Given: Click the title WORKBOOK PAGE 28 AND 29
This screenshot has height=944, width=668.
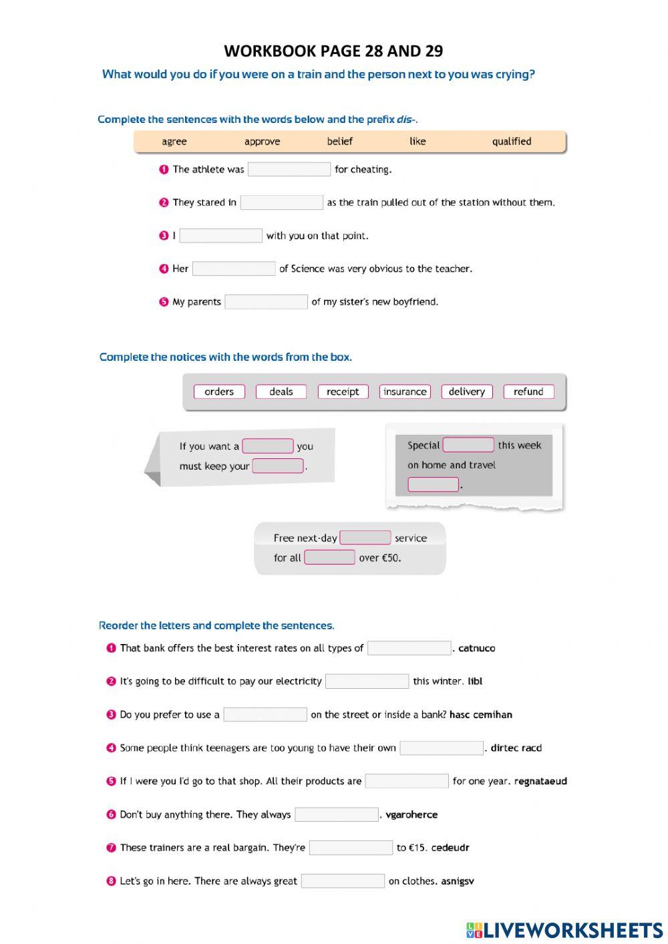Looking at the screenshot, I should click(x=333, y=51).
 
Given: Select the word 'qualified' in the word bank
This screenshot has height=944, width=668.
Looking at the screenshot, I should click(x=512, y=141).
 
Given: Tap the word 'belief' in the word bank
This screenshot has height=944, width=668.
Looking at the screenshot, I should click(x=339, y=141).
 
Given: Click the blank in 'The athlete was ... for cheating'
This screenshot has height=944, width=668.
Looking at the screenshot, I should click(x=289, y=170).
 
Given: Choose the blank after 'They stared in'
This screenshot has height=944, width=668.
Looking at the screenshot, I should click(x=281, y=202).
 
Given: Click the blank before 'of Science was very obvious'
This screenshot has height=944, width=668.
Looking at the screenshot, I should click(x=234, y=269).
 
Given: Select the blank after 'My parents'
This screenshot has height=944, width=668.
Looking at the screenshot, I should click(x=266, y=302).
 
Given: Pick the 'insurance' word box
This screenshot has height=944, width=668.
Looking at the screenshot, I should click(x=405, y=391).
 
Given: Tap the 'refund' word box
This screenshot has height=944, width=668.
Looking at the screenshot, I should click(x=528, y=391).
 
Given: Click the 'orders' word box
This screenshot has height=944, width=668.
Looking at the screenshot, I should click(x=219, y=391).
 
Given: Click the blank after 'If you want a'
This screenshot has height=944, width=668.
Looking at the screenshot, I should click(x=267, y=446).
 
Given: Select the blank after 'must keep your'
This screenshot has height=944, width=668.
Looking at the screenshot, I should click(x=278, y=466).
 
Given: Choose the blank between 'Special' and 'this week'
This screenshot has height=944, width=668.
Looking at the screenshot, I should click(x=468, y=445).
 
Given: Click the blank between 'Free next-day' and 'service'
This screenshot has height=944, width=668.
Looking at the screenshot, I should click(x=365, y=538).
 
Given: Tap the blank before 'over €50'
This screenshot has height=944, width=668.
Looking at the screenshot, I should click(x=329, y=557).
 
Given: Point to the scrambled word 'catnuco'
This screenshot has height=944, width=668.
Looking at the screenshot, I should click(x=477, y=648).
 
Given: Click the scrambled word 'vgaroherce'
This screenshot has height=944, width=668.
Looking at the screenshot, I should click(x=411, y=814).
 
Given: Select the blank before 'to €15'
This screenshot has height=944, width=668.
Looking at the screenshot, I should click(x=351, y=848).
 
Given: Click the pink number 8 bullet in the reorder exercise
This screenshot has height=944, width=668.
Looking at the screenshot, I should click(x=112, y=881).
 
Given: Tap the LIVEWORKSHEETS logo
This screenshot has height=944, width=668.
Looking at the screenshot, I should click(x=564, y=930).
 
